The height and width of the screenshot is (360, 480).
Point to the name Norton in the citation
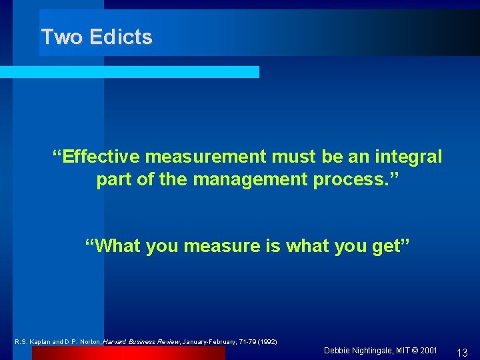point(91,342)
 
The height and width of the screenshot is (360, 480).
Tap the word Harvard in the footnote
point(120,342)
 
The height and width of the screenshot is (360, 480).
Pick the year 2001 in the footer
point(429,351)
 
